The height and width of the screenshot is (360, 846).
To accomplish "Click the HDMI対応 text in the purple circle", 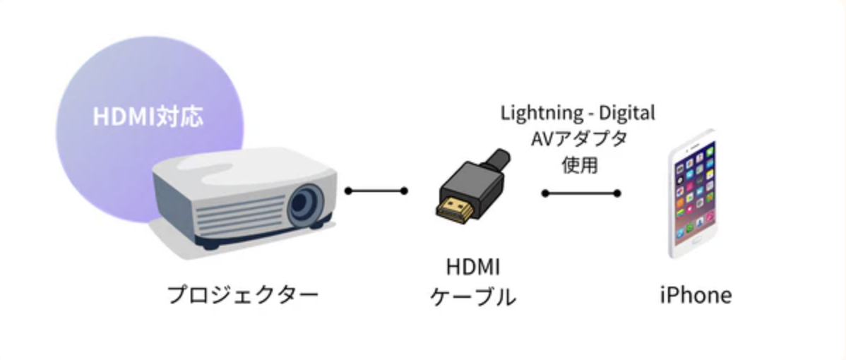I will [x=148, y=117].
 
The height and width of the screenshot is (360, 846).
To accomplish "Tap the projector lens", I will [x=306, y=204].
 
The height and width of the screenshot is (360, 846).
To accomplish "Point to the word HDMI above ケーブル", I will [x=473, y=268].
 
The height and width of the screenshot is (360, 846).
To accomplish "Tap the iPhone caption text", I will [x=696, y=294].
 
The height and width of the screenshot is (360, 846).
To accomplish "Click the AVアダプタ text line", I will [x=578, y=139].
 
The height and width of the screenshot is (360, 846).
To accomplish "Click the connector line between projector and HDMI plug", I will [x=376, y=191].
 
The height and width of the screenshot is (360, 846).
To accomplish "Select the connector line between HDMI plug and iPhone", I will [x=580, y=193].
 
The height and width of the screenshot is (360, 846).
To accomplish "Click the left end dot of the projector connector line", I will [x=348, y=191].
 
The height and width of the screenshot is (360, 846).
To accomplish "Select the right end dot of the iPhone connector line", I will [x=617, y=193].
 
